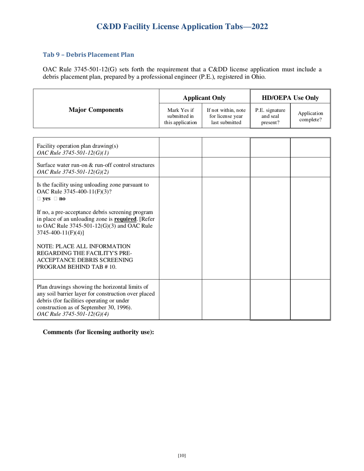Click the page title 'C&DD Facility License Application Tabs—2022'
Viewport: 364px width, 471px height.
(182, 26)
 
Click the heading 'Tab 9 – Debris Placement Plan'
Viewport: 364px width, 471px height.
(88, 54)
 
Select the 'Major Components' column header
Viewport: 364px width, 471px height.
(96, 110)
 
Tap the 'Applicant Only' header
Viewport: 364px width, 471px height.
(204, 98)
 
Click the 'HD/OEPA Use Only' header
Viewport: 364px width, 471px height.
(290, 98)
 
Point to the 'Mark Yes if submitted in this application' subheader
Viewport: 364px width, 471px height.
(180, 116)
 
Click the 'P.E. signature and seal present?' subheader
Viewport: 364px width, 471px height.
(270, 116)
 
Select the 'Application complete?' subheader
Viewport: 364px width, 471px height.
(310, 116)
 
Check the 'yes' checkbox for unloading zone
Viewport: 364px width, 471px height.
(39, 199)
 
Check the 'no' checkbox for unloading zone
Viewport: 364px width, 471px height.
(56, 199)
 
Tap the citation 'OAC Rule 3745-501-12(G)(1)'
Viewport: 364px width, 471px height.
(73, 152)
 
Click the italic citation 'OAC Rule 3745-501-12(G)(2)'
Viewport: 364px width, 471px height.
(73, 172)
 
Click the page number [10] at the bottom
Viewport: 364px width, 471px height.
(182, 455)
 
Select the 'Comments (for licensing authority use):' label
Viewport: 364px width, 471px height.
(98, 332)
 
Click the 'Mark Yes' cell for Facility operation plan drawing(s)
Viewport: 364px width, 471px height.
(180, 147)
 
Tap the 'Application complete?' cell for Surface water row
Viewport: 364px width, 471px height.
(310, 167)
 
